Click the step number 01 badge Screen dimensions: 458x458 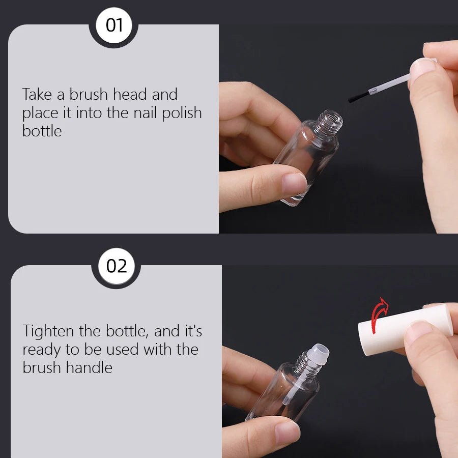[x=114, y=25]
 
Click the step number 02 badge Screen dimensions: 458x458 [x=117, y=266]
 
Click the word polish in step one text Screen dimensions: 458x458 [x=182, y=113]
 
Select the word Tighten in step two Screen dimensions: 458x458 [x=49, y=331]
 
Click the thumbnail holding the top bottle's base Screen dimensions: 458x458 [x=294, y=183]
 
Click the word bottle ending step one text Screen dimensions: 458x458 [x=42, y=131]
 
